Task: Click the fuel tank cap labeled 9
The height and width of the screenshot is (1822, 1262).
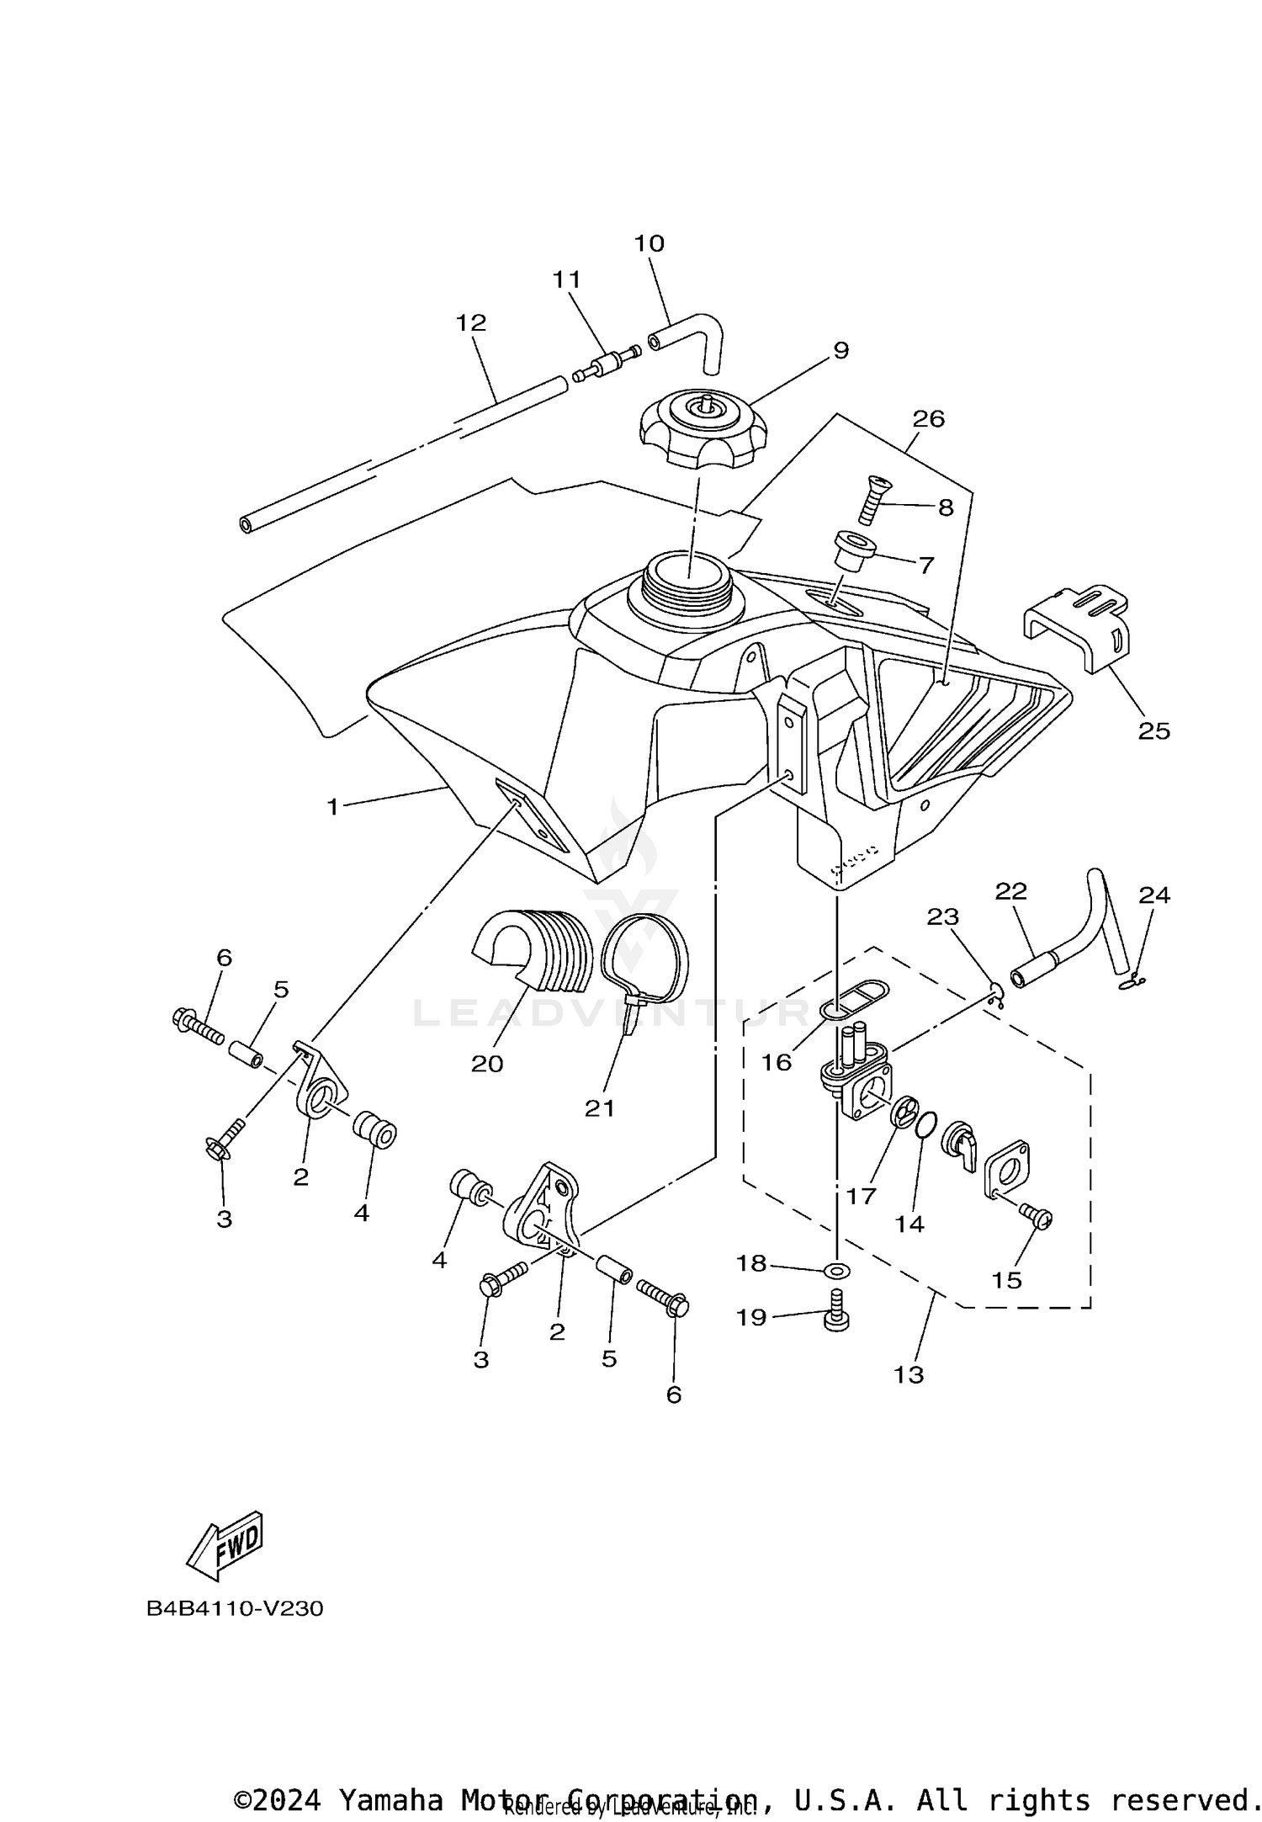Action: pos(703,430)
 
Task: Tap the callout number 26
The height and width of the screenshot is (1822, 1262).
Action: pos(929,418)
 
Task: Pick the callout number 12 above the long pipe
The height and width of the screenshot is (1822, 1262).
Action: pos(471,322)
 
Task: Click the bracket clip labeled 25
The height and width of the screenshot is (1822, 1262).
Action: pos(1077,629)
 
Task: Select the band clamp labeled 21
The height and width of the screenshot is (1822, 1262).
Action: pos(646,959)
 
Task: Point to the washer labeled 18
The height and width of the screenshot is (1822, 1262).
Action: pos(837,1269)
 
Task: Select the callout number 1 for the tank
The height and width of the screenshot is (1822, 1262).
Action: pos(332,807)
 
